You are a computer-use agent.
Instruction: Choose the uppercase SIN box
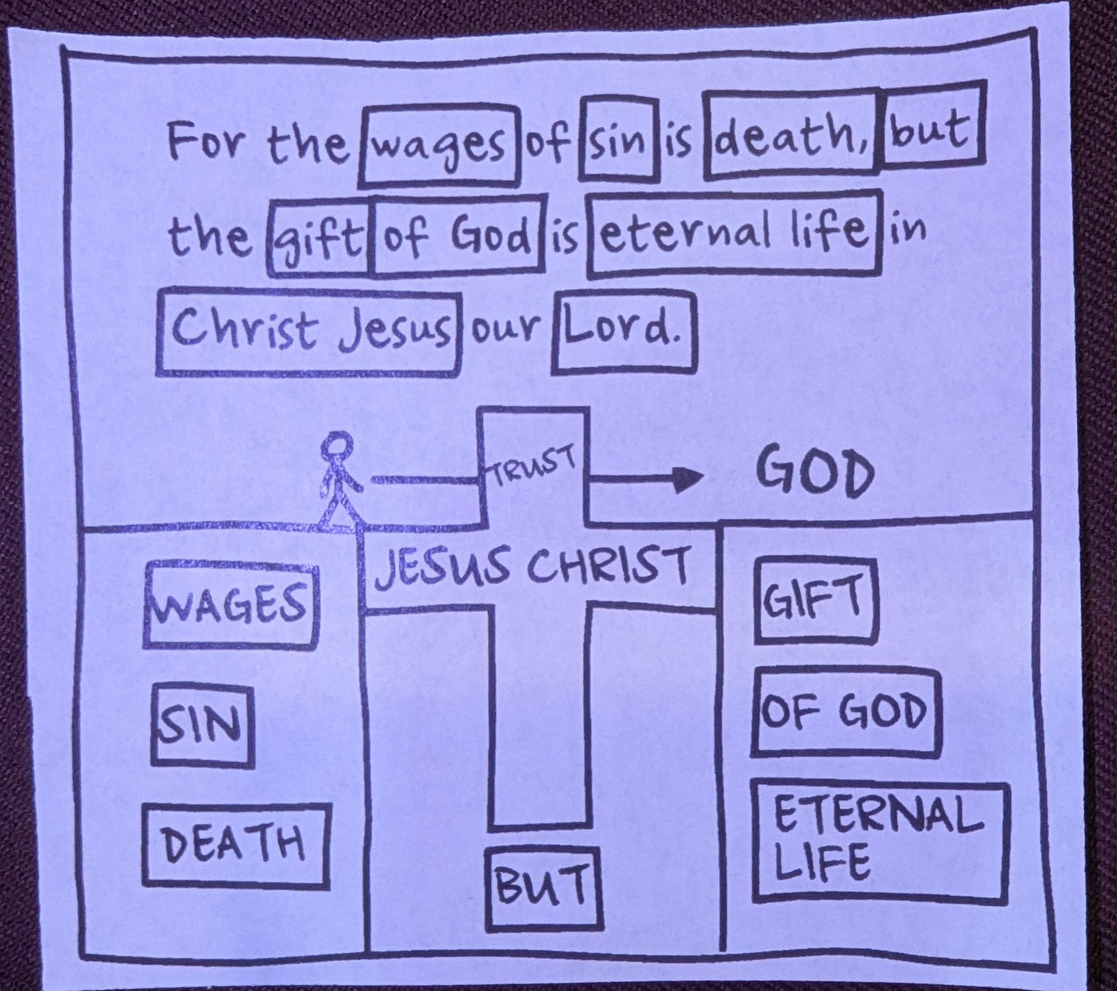[202, 724]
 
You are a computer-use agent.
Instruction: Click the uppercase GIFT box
[816, 601]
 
